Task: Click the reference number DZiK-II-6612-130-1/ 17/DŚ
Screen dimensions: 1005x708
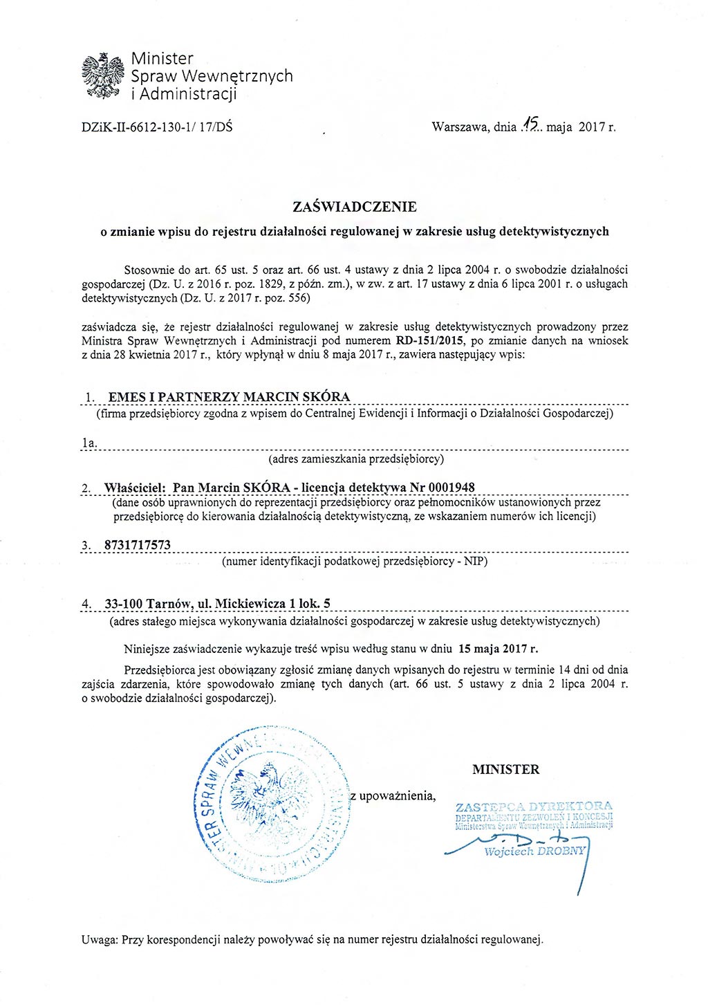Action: (x=157, y=127)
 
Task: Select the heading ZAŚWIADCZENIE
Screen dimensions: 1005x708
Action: (x=355, y=206)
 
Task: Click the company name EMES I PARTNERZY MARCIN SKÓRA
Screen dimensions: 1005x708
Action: (x=229, y=397)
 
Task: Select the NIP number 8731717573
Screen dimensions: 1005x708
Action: (x=137, y=545)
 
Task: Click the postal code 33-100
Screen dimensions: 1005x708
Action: (x=123, y=604)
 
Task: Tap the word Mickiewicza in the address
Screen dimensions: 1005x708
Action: (x=250, y=604)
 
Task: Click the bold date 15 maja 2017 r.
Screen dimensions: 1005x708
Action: (x=496, y=649)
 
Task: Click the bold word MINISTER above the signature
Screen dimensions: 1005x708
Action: (x=505, y=769)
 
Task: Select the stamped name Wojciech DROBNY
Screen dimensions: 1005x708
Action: (x=534, y=851)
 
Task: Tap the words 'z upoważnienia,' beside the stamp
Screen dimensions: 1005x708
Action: (x=393, y=795)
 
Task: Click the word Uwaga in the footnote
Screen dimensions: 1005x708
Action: (x=100, y=939)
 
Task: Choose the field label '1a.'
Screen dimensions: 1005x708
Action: (x=89, y=442)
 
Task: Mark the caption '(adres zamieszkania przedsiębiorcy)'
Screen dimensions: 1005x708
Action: (x=355, y=458)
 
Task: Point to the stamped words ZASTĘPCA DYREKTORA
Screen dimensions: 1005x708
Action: (x=534, y=806)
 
